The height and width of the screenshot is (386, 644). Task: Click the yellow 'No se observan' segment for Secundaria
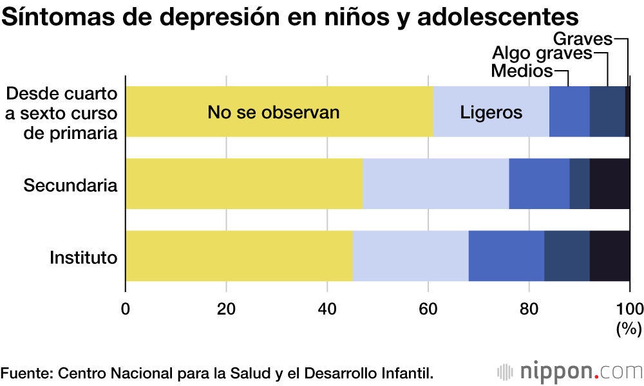244,183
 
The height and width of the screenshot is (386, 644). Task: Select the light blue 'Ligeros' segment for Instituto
410,256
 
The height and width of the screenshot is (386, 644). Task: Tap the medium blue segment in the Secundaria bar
539,183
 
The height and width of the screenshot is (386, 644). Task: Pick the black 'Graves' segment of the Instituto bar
609,256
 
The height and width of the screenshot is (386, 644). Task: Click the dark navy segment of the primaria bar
607,111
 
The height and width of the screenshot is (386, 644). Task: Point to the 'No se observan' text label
273,113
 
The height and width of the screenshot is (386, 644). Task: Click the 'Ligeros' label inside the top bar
491,113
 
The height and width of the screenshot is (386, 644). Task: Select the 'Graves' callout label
582,39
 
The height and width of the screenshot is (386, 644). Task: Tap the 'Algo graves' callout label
542,53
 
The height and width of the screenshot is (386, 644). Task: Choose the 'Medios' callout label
522,70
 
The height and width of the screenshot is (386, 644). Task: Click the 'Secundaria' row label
71,186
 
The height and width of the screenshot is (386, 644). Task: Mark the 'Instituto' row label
84,259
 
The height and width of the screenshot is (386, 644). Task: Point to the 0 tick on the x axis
126,307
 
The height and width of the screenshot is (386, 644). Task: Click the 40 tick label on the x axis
327,307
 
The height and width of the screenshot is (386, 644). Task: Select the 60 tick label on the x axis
428,307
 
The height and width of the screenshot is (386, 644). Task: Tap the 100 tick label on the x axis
629,307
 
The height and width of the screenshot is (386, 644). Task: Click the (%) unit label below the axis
629,329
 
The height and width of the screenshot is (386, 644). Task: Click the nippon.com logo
571,372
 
